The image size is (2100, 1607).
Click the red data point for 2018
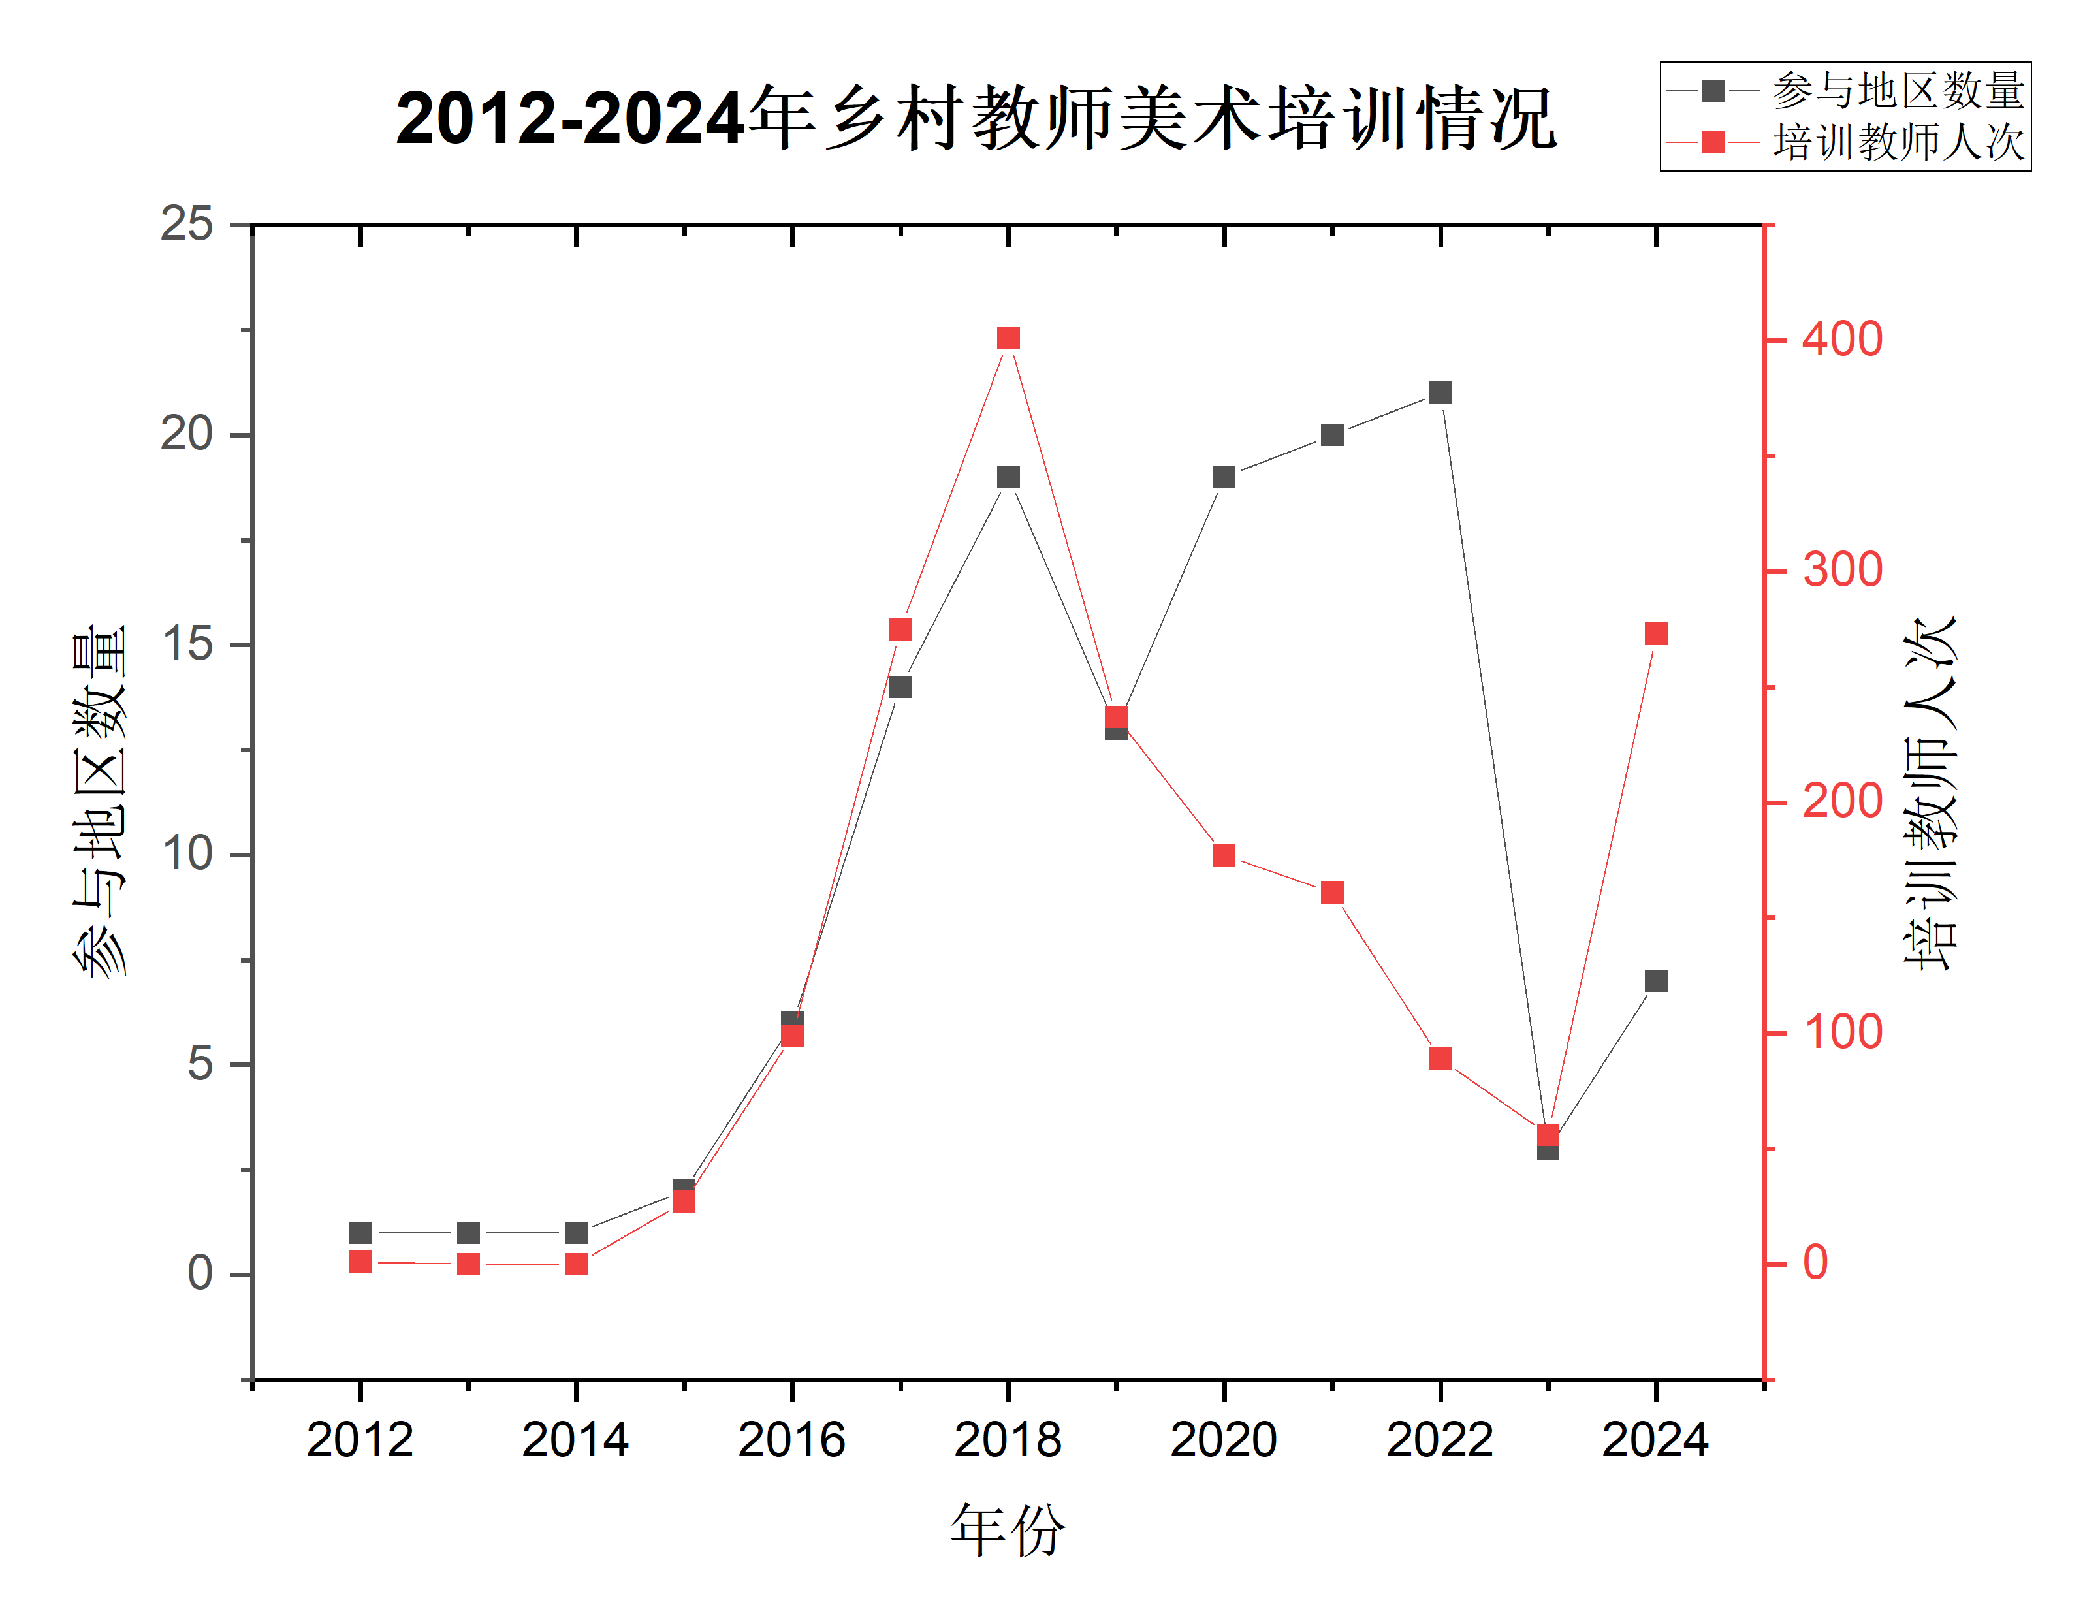point(1008,339)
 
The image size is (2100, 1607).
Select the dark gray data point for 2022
point(1440,393)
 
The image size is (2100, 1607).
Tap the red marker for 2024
point(1656,634)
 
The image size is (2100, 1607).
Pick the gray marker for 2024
point(1656,981)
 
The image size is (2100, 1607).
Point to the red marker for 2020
point(1224,855)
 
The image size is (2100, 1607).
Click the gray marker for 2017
point(900,687)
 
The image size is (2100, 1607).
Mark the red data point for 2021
point(1332,893)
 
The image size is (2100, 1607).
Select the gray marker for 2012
point(360,1233)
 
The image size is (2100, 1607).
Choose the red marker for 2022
point(1440,1059)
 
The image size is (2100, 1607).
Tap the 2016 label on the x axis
point(792,1440)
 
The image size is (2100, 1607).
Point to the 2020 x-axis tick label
point(1224,1440)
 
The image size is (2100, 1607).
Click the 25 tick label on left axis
point(187,225)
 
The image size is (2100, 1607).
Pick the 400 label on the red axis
point(1843,340)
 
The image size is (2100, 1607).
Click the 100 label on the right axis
point(1843,1033)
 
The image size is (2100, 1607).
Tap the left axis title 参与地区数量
point(101,802)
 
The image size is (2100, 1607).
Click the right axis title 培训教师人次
point(1930,794)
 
